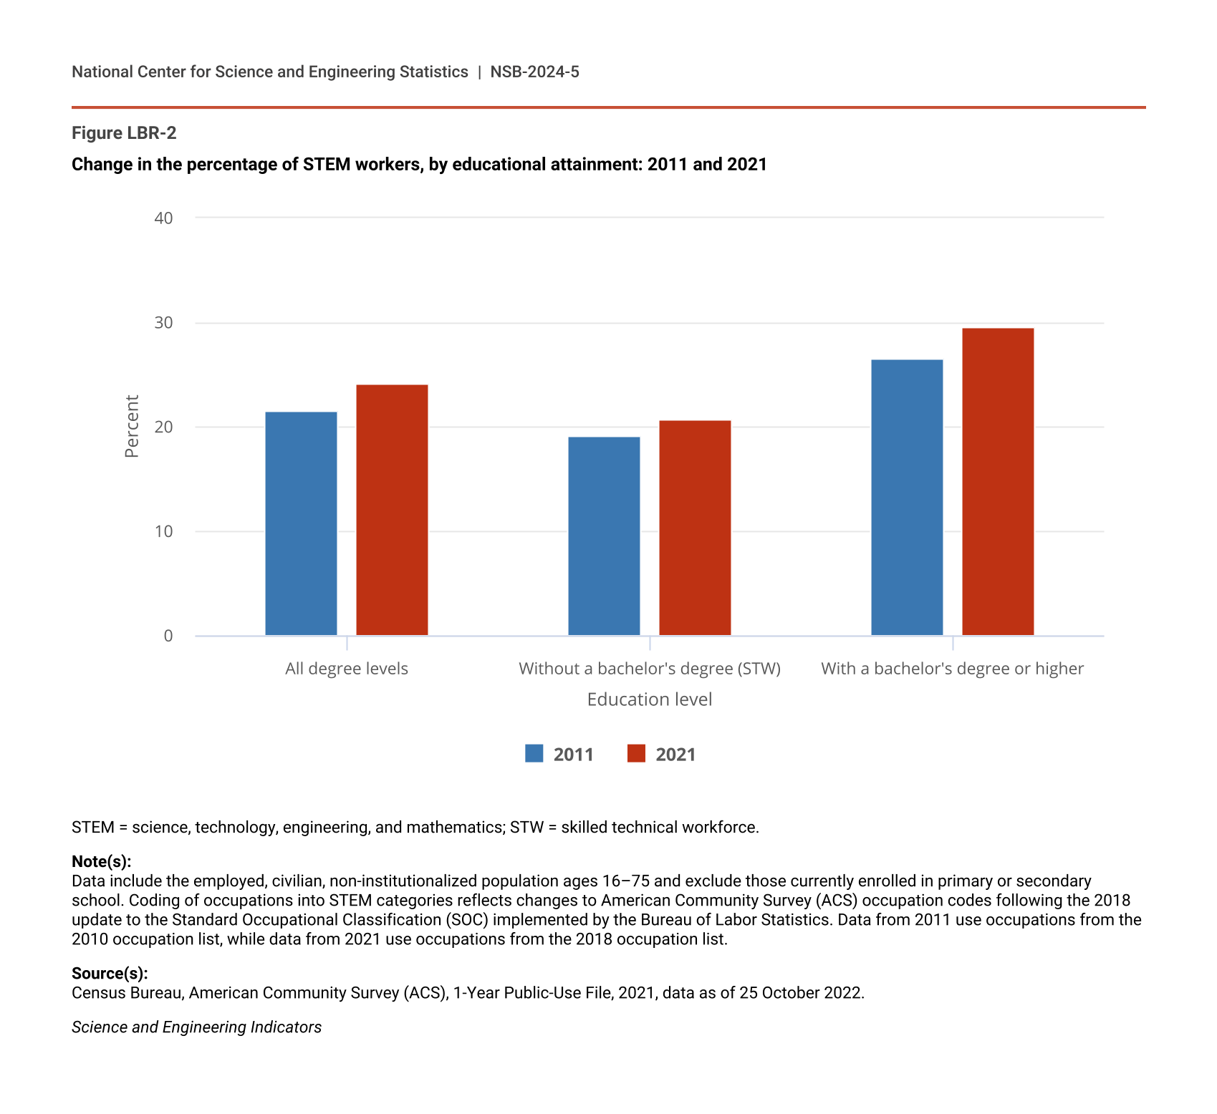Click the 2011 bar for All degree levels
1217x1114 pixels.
click(301, 523)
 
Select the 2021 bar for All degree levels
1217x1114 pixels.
click(392, 510)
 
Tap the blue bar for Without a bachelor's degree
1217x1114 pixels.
click(604, 536)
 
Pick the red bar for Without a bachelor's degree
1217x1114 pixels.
click(695, 528)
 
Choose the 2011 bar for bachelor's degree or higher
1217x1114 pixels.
click(907, 497)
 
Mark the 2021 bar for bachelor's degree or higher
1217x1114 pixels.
click(998, 481)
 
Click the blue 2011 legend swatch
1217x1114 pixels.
click(534, 754)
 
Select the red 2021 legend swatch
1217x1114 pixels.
click(636, 754)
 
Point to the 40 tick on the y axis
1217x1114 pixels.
click(164, 218)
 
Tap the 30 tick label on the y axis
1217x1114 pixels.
click(164, 323)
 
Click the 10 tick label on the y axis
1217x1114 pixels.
click(164, 531)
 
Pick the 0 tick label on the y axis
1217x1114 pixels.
click(168, 636)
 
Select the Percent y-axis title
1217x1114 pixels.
click(132, 427)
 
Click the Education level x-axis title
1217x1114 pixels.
click(650, 699)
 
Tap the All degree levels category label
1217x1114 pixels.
click(347, 669)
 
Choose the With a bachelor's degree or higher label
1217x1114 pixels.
click(952, 669)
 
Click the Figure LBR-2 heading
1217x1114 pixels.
click(124, 133)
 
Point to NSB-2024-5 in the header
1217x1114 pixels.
click(534, 72)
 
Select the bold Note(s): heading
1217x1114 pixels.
click(101, 861)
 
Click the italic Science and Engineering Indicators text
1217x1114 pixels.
click(196, 1027)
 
